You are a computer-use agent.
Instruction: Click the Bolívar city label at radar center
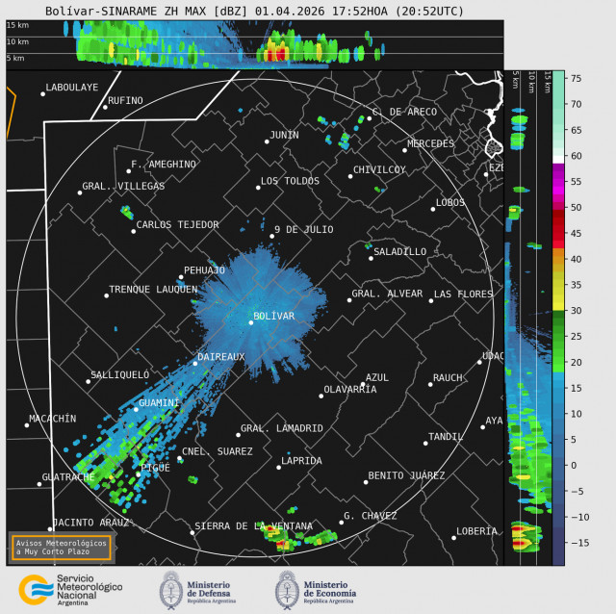(x=273, y=316)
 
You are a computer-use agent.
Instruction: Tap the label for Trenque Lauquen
(x=153, y=289)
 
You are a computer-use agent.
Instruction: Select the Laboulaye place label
(x=72, y=88)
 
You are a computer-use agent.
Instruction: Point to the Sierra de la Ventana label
(x=253, y=526)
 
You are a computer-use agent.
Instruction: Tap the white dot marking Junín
(x=267, y=141)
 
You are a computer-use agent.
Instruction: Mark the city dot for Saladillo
(x=371, y=258)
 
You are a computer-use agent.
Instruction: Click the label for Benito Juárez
(x=406, y=475)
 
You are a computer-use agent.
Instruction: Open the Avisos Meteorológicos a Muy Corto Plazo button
(x=61, y=547)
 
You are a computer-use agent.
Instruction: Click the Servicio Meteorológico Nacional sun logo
(x=35, y=588)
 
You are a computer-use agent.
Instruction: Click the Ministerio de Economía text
(x=329, y=588)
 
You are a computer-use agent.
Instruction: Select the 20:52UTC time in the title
(x=431, y=12)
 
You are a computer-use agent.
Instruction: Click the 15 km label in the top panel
(x=16, y=26)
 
